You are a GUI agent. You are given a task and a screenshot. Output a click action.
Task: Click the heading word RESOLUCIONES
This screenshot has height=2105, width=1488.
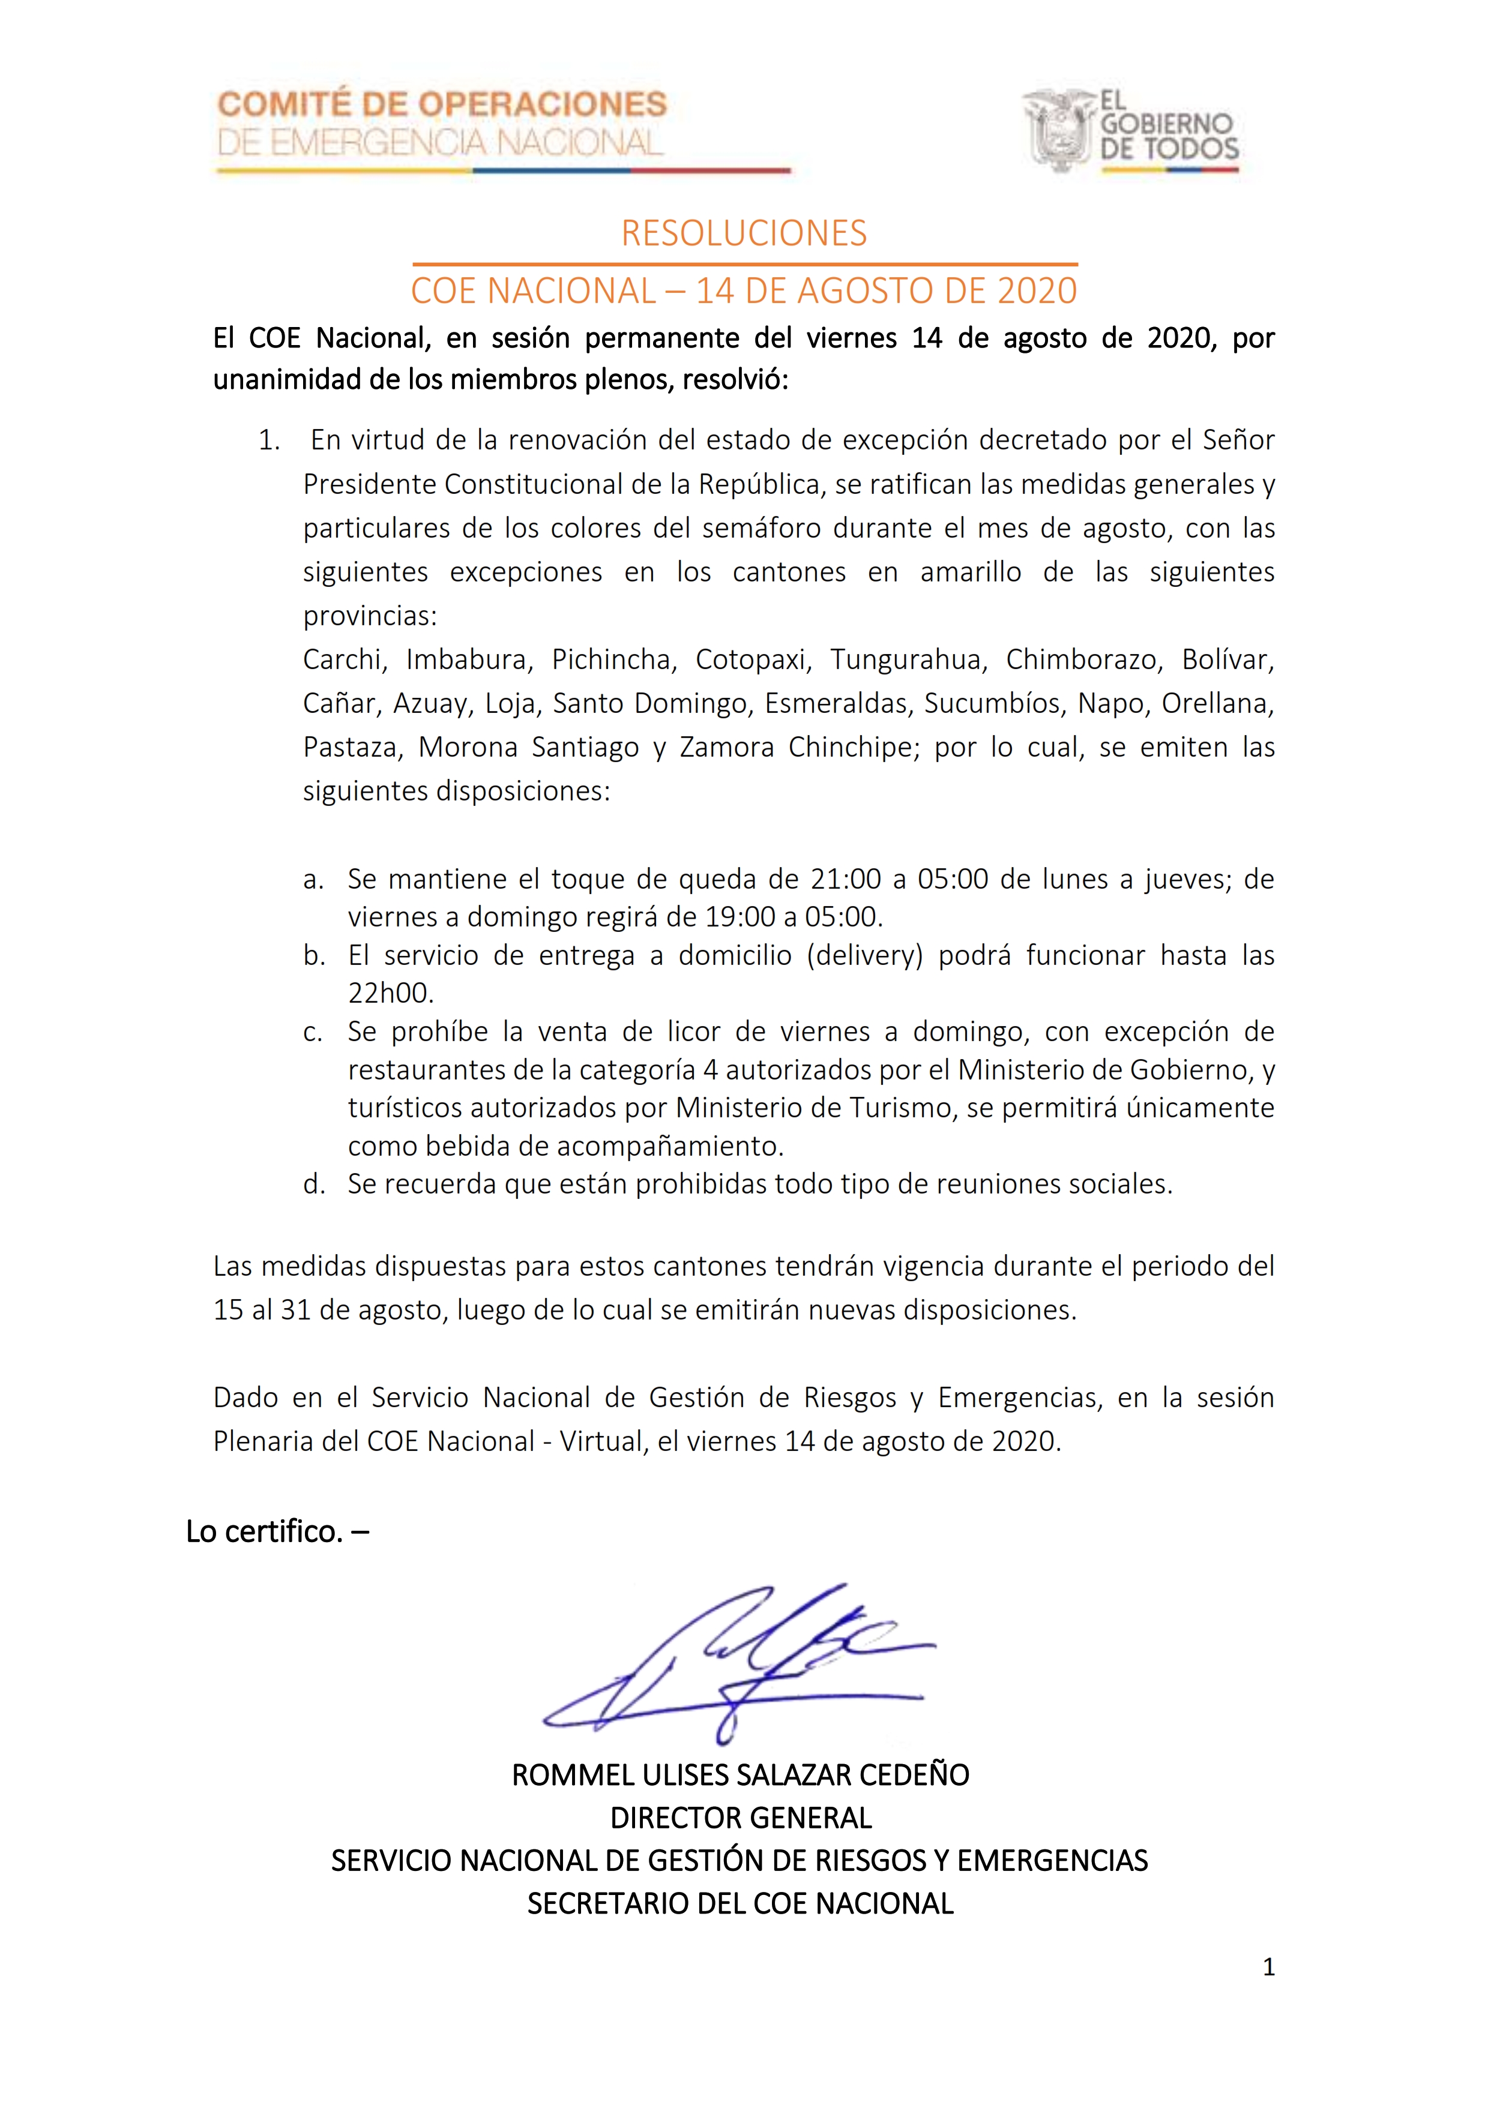pos(744,234)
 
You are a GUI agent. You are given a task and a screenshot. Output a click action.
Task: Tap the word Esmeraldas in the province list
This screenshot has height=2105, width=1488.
pos(836,703)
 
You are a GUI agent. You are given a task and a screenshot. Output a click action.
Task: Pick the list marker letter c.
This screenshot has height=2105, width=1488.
pos(313,1032)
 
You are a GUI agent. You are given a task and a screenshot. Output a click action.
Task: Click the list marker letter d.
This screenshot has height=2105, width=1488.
pos(313,1185)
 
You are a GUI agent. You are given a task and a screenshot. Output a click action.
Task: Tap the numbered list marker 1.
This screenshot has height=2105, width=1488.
pos(269,441)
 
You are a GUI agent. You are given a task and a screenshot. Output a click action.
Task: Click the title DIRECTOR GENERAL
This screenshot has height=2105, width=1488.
pos(741,1817)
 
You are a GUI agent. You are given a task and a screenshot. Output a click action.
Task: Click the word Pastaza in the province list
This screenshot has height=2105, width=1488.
pos(351,747)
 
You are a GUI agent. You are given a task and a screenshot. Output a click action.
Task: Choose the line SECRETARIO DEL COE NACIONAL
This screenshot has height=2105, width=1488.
pos(740,1903)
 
